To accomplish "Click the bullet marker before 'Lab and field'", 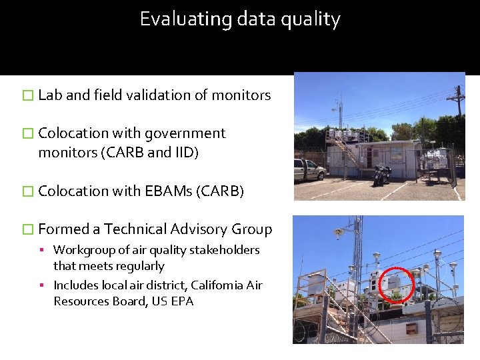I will point(27,96).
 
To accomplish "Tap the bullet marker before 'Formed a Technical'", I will point(27,230).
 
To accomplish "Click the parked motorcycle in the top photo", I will point(382,175).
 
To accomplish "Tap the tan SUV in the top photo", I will point(308,169).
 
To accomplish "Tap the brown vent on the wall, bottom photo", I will point(411,329).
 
